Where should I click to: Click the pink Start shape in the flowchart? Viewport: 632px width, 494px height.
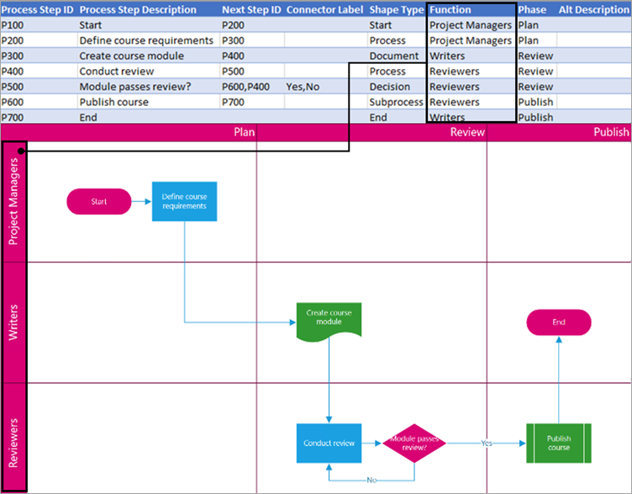click(x=99, y=201)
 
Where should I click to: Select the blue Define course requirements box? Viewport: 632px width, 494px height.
click(x=184, y=201)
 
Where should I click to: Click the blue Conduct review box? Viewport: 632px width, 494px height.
click(x=329, y=443)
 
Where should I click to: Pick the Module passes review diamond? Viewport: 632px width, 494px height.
click(x=414, y=443)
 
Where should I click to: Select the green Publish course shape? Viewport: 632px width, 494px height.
click(x=558, y=443)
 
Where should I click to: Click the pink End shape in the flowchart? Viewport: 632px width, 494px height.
click(x=559, y=322)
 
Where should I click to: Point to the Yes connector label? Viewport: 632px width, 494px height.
click(x=487, y=443)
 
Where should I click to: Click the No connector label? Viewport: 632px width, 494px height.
click(x=371, y=480)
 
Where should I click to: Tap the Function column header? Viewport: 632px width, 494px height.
click(x=450, y=10)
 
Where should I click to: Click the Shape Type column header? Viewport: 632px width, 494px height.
click(x=397, y=10)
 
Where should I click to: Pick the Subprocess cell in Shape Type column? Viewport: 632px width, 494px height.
click(x=396, y=102)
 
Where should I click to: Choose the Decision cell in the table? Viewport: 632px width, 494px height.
click(x=390, y=87)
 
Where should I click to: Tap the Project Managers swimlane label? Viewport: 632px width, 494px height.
click(x=14, y=201)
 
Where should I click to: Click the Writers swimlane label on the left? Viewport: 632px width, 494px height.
click(x=14, y=322)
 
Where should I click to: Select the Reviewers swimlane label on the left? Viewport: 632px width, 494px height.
click(x=14, y=441)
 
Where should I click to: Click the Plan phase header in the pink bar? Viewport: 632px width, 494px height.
click(x=244, y=132)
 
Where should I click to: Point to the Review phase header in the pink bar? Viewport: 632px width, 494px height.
click(x=467, y=132)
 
